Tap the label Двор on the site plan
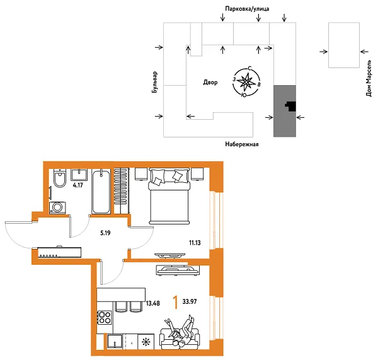click(x=210, y=83)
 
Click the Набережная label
click(x=243, y=144)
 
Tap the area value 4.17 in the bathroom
click(x=78, y=185)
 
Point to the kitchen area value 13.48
click(x=152, y=303)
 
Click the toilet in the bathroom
click(x=60, y=179)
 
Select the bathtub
click(x=101, y=191)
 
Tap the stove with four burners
click(x=105, y=316)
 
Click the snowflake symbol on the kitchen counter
click(x=147, y=342)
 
